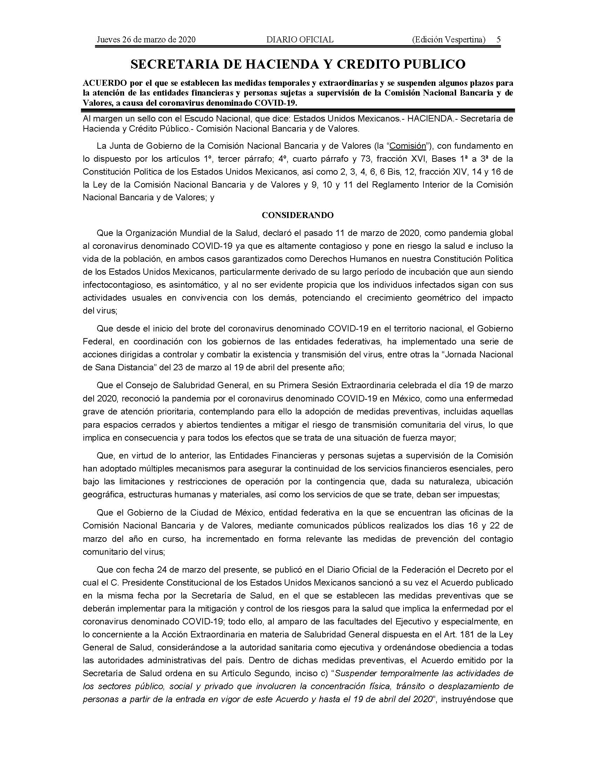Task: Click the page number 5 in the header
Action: pos(498,40)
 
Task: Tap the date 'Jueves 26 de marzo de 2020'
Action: pos(146,40)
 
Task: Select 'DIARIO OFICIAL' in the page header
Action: pos(300,40)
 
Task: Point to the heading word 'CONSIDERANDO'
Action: pos(298,215)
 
